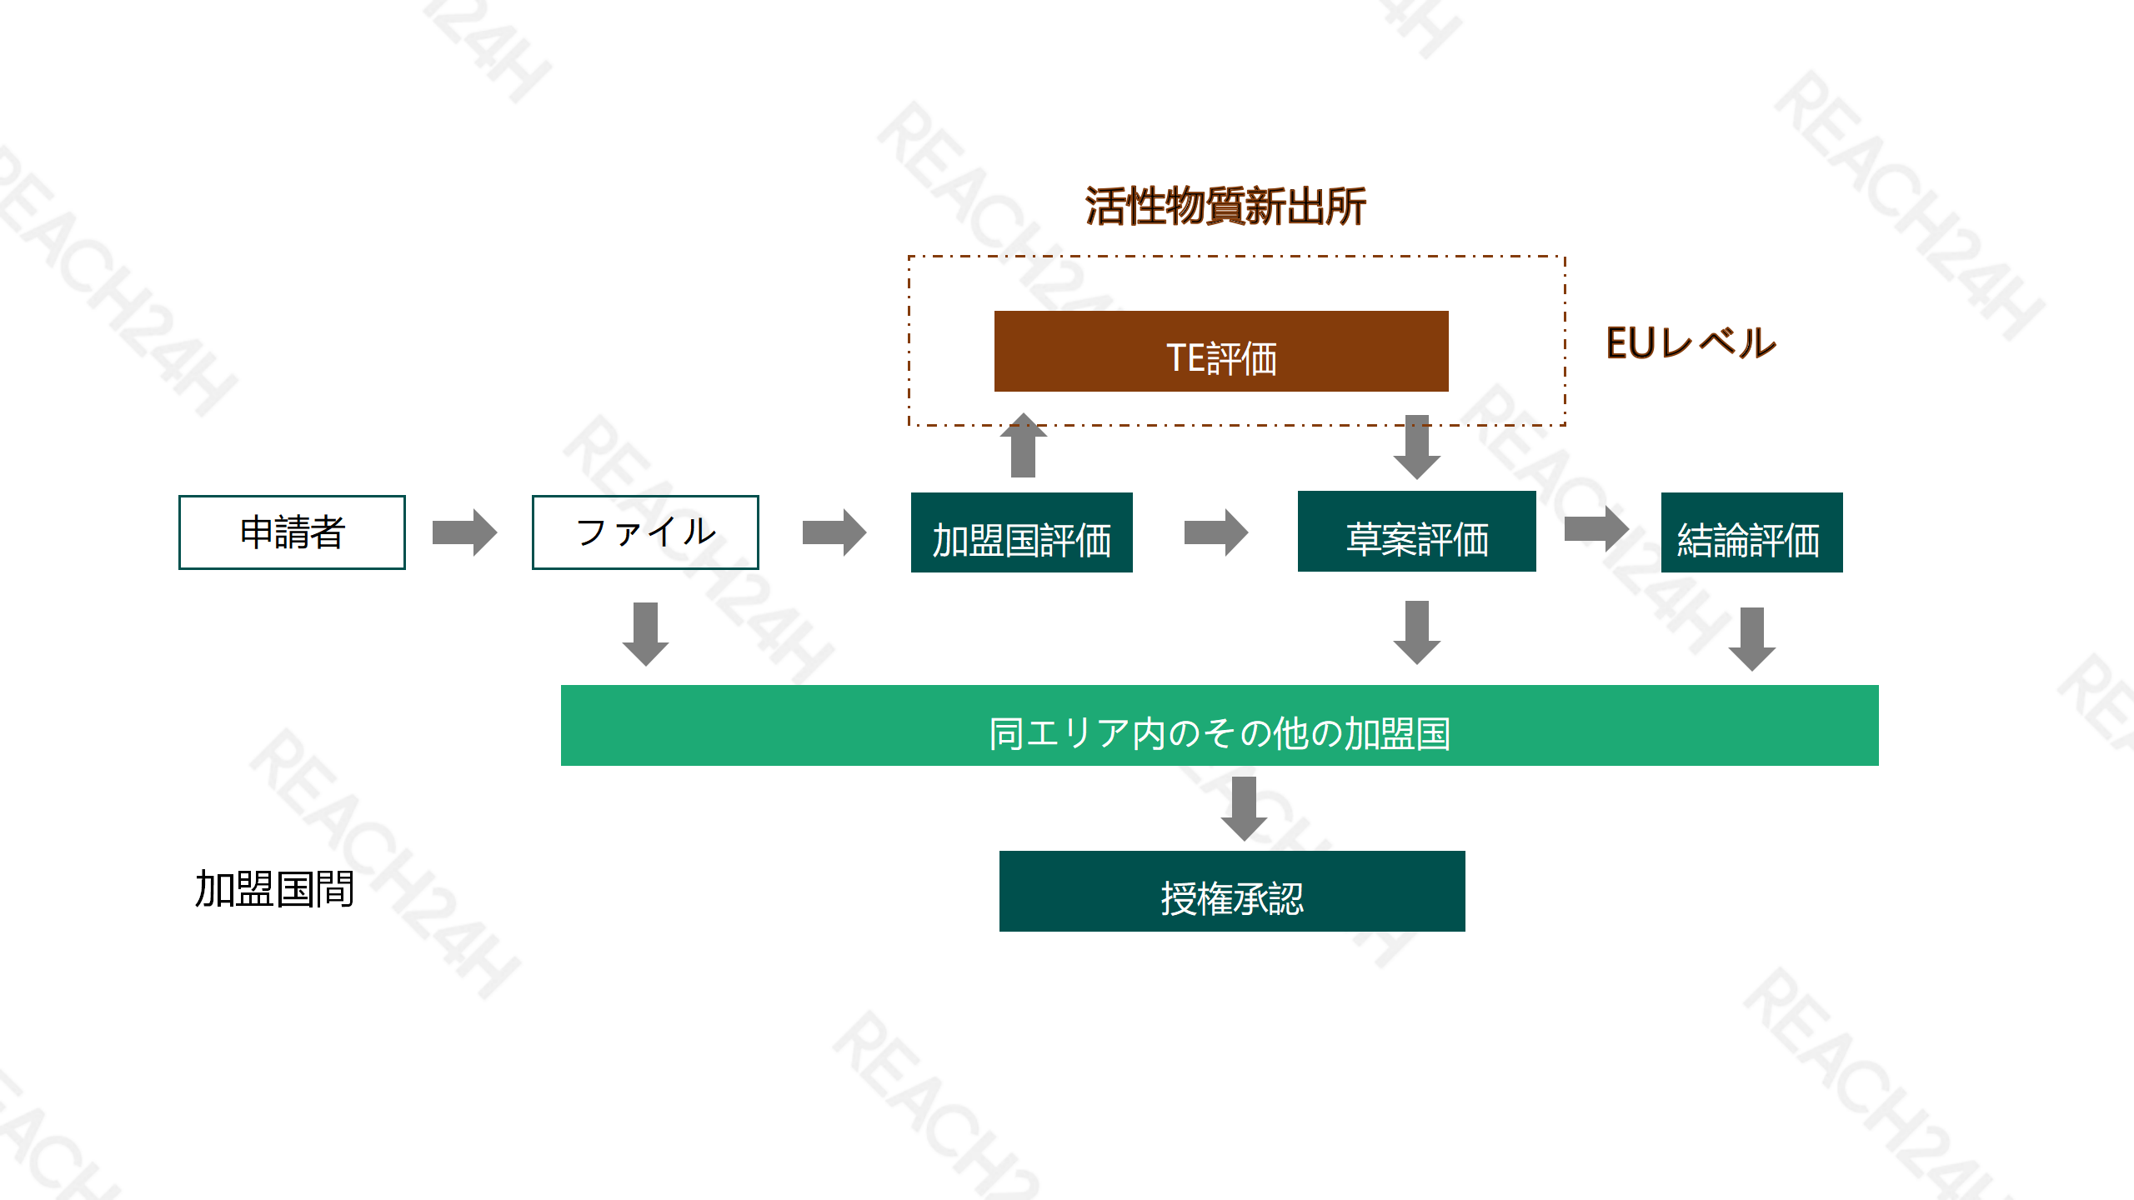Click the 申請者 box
(292, 532)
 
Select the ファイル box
(645, 532)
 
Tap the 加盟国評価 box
(1021, 532)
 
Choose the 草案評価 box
(1416, 532)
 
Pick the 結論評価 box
(1751, 532)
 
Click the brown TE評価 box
(1221, 352)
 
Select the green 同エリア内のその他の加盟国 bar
(1220, 725)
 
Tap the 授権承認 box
(1232, 891)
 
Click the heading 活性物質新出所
(1225, 206)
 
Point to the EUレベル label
(1691, 343)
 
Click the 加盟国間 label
(274, 888)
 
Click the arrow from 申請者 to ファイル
(464, 532)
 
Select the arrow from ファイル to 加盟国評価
(834, 532)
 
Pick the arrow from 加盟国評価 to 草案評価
(1216, 532)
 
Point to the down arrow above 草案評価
(1416, 447)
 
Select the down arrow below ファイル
(645, 633)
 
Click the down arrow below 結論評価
(1751, 638)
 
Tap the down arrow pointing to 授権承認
(1244, 808)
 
